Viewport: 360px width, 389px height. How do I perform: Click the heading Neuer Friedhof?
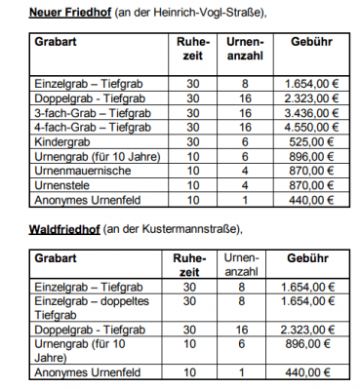68,11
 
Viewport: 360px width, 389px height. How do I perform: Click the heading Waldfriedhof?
61,229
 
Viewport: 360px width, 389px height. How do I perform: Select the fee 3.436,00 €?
307,113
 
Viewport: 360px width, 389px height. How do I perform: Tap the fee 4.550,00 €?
307,127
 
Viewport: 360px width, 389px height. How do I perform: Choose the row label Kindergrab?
60,140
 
